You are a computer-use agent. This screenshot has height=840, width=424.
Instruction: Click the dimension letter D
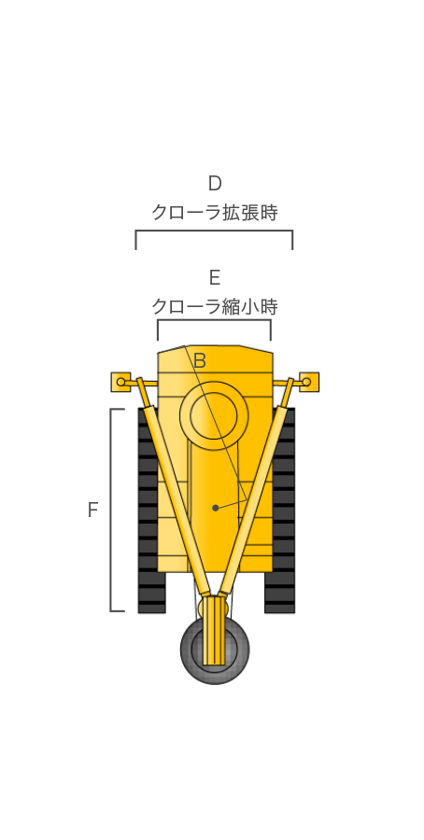coord(215,184)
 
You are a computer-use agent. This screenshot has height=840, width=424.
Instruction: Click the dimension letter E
coord(215,278)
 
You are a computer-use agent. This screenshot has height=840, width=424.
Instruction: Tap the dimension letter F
coord(92,510)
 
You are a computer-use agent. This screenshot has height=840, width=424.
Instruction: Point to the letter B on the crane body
coord(200,361)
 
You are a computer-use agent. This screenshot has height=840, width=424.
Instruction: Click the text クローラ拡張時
coord(215,213)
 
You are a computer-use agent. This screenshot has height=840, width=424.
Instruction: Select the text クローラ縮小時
coord(215,307)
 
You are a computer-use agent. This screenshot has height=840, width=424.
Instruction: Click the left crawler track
coord(150,511)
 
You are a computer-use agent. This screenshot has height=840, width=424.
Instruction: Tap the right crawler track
coord(280,511)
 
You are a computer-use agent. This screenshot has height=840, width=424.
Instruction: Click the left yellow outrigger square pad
coord(120,382)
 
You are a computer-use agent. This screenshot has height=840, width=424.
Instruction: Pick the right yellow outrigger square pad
coord(309,382)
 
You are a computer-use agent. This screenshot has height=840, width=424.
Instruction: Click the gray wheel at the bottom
coord(215,650)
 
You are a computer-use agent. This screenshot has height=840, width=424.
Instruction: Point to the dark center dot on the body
coord(216,508)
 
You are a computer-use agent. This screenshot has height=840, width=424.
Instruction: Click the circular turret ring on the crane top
coord(214,415)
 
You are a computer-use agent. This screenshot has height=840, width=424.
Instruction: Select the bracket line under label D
coord(214,231)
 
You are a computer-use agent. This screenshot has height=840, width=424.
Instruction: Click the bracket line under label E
coord(214,320)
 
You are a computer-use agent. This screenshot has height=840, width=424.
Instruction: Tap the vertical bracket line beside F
coord(111,510)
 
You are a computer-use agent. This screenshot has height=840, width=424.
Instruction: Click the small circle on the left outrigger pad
coord(121,382)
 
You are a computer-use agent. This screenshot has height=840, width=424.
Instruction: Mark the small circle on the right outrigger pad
coord(306,382)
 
